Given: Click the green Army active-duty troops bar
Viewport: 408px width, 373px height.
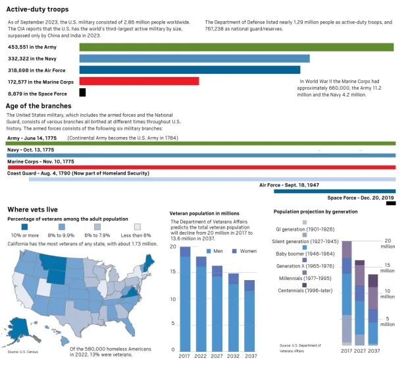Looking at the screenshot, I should click(236, 47).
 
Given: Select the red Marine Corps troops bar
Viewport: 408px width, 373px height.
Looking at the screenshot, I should click(139, 81).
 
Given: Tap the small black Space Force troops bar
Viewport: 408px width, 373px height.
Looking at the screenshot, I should click(82, 93).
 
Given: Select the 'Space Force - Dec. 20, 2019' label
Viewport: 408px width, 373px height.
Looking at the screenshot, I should click(361, 198).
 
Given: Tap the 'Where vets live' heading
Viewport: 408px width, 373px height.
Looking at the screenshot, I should click(32, 209).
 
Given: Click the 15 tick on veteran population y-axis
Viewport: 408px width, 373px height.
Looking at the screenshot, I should click(173, 272).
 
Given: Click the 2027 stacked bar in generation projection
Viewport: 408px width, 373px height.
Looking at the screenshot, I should click(359, 302).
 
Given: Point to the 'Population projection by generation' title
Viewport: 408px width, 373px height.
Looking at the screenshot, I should click(315, 212).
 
